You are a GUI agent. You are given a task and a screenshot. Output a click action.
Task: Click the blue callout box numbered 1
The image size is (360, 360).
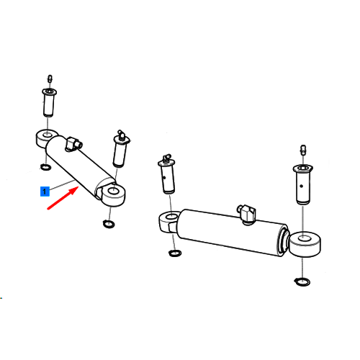(x=45, y=192)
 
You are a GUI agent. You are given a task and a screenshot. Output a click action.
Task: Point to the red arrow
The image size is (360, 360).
(x=63, y=198)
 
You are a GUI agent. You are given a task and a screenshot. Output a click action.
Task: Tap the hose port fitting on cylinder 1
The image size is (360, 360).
(x=73, y=143)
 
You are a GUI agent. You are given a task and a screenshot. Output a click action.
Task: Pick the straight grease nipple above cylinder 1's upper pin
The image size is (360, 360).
(x=50, y=78)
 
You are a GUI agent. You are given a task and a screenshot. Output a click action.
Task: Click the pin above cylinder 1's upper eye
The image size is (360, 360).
(x=49, y=102)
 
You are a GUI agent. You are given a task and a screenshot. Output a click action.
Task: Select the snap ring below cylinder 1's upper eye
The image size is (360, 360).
(x=45, y=167)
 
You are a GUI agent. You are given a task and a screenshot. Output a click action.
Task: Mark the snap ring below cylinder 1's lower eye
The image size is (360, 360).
(x=109, y=224)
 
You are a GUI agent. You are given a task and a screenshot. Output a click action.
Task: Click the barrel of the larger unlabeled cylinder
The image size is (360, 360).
(x=232, y=232)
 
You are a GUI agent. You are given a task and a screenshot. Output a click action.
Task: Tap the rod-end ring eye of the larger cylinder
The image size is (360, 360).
(x=305, y=244)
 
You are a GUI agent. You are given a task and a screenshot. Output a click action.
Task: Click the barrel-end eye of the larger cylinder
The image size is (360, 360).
(x=169, y=222)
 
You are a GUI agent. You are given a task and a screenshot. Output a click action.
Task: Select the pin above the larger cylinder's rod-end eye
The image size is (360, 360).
(x=302, y=184)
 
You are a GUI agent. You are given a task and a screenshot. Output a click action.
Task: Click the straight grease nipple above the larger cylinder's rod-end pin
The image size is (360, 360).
(x=303, y=150)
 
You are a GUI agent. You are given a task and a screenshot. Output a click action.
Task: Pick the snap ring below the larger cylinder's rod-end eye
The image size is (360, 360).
(x=302, y=282)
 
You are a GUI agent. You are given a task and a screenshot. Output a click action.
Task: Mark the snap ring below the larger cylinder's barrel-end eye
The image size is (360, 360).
(x=175, y=253)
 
